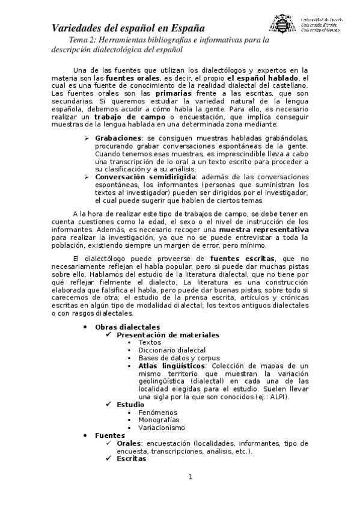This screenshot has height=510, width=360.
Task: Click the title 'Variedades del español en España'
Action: click(127, 28)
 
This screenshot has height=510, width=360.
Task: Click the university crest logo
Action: click(281, 24)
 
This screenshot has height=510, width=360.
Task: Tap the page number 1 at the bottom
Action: click(190, 478)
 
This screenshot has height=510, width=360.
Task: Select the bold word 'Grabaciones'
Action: click(117, 138)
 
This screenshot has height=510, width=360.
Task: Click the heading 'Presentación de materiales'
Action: click(168, 334)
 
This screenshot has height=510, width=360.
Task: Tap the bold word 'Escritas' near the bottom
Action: click(132, 458)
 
